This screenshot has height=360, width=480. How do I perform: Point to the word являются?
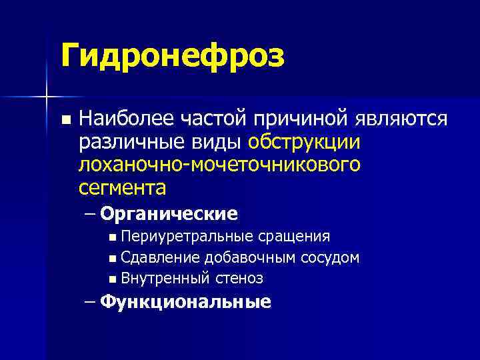click(399, 119)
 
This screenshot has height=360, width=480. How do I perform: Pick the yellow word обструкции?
click(304, 142)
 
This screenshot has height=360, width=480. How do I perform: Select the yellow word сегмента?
click(122, 187)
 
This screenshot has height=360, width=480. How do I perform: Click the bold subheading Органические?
click(169, 214)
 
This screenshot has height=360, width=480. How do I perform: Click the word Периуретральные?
click(187, 237)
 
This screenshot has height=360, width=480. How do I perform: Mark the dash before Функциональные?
click(91, 303)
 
